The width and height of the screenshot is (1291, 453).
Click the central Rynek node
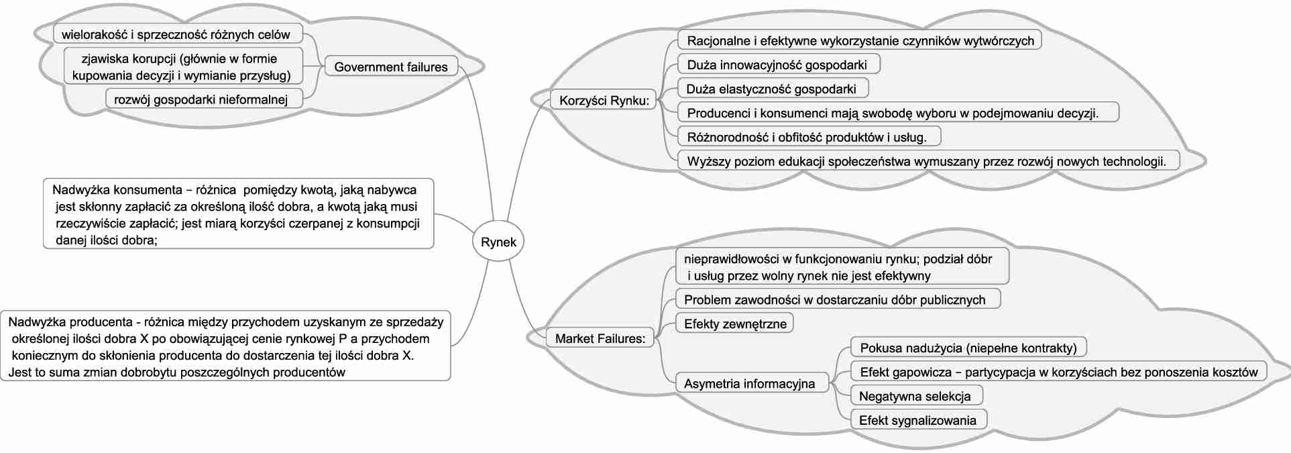coord(498,242)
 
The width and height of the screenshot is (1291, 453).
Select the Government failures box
coord(391,67)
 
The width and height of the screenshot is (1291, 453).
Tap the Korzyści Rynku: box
coord(604,101)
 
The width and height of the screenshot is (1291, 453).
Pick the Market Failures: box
coord(600,338)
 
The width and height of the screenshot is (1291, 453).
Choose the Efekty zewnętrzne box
coord(734,323)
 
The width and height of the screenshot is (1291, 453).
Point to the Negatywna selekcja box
coord(915,396)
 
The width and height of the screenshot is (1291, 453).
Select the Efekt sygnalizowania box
coord(917,420)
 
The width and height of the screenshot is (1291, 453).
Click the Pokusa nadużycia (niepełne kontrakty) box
coord(968,348)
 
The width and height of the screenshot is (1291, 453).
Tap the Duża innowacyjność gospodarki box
coord(777,64)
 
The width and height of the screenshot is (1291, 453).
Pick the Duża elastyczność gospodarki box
coord(772,89)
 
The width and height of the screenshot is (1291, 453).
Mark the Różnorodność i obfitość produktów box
coord(807,137)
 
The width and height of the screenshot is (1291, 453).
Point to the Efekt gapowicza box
coord(1058,372)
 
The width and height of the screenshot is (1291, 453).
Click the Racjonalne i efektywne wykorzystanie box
coord(860,40)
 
